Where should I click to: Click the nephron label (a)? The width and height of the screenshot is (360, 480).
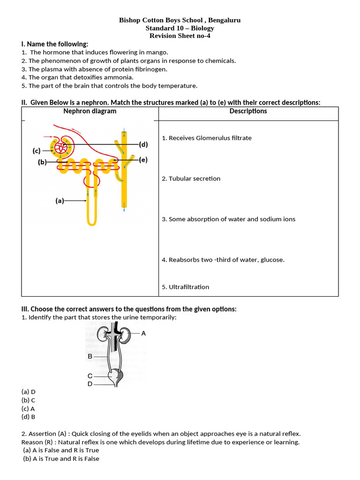[x=60, y=201]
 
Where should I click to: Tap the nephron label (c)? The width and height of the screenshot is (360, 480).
[x=37, y=150]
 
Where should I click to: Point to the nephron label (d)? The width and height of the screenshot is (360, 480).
[x=143, y=144]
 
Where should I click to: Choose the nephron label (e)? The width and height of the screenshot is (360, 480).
[x=143, y=160]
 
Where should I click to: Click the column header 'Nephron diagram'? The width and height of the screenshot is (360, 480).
[x=90, y=111]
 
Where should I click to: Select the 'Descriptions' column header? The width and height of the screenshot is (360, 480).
[x=248, y=111]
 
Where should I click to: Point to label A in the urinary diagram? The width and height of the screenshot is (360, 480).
[x=143, y=333]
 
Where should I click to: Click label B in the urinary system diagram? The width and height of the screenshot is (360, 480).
[x=90, y=356]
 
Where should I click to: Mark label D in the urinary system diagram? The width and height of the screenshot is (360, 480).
[x=90, y=384]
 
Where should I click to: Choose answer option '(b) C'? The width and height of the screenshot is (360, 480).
[x=29, y=400]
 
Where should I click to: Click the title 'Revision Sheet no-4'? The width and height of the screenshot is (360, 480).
[x=180, y=36]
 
